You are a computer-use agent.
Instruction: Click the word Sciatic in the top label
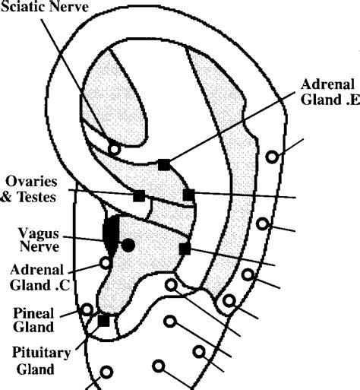(22, 7)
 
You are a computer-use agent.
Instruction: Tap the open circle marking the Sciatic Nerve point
(114, 149)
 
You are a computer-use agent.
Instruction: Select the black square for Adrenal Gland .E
(163, 164)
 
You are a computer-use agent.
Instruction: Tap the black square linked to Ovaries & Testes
(139, 195)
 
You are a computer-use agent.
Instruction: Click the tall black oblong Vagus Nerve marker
(111, 234)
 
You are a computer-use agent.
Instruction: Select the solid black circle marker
(128, 245)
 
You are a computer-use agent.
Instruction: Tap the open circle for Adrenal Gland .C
(106, 263)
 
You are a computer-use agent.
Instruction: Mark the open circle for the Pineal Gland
(87, 309)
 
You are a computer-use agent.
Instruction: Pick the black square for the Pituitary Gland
(103, 320)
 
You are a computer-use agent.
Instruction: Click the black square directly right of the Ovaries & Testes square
(188, 195)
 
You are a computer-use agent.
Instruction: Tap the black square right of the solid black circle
(185, 249)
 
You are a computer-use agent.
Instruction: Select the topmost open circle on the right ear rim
(272, 157)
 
